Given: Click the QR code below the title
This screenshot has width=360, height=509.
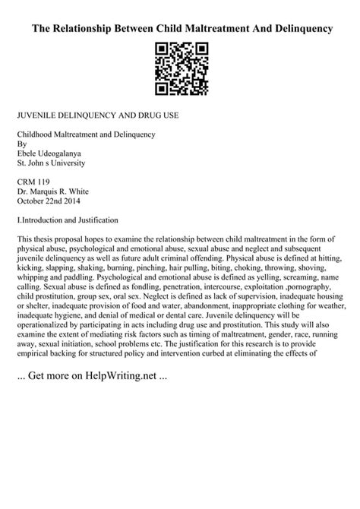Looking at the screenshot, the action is pyautogui.click(x=181, y=70).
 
